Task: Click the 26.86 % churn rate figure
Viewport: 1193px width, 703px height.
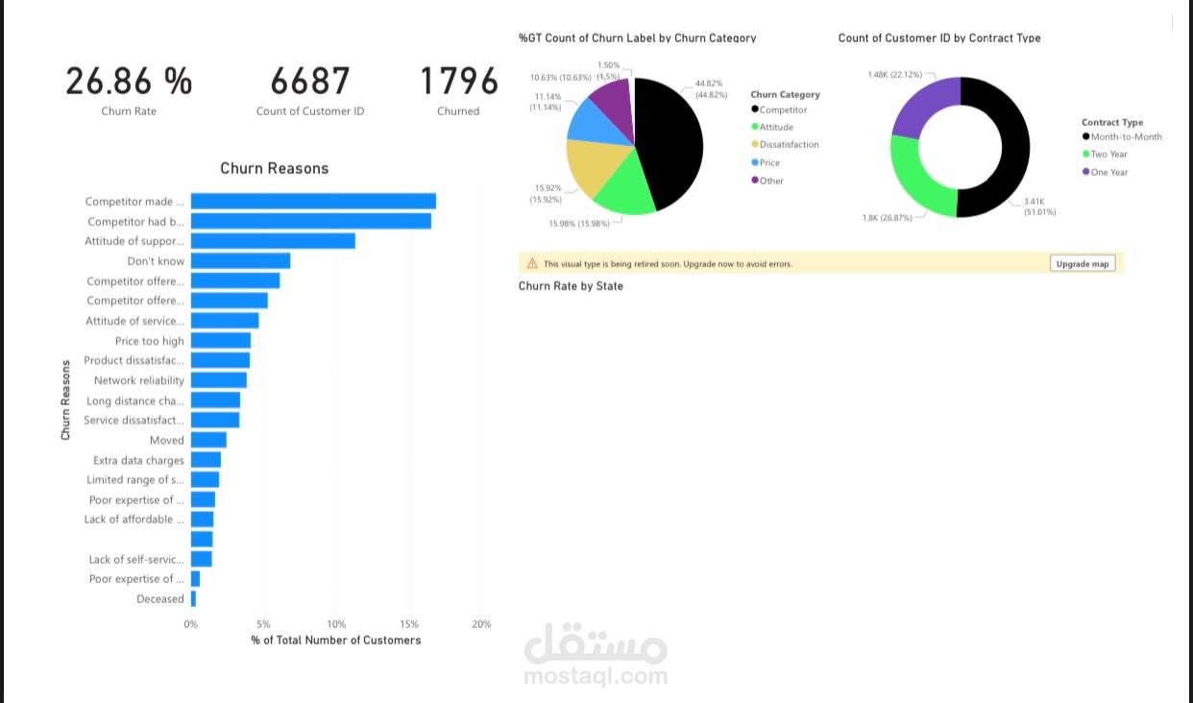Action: [129, 82]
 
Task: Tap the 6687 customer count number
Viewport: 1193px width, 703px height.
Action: [310, 82]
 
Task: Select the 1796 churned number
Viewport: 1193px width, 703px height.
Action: [459, 82]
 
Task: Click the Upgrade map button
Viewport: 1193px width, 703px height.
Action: [1083, 263]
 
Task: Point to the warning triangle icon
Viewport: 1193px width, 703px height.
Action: [532, 263]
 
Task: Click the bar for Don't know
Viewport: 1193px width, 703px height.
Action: [240, 261]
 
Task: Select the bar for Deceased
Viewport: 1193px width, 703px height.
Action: [193, 598]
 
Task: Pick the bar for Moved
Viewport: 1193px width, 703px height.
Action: [208, 440]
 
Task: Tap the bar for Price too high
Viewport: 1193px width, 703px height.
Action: [221, 341]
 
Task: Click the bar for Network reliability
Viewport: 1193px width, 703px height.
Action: [219, 380]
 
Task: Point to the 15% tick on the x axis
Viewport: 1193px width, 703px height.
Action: [409, 624]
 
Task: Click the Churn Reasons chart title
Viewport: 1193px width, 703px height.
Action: [275, 168]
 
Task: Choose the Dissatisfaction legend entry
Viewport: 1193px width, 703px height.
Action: [789, 145]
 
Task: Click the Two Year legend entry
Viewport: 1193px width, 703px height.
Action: [1108, 154]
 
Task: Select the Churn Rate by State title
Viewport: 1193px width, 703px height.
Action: [571, 286]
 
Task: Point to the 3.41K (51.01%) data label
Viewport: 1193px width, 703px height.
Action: [1038, 206]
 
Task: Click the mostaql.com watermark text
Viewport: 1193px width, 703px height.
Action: [596, 675]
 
